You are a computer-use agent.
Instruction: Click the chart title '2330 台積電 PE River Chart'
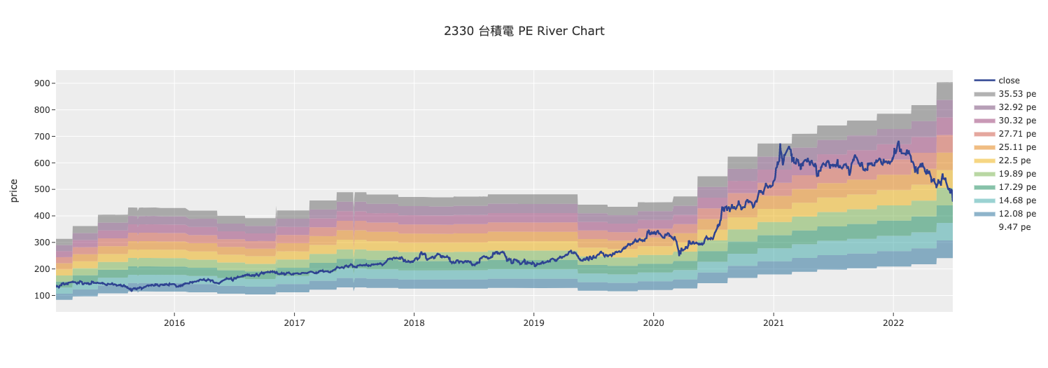pyautogui.click(x=524, y=31)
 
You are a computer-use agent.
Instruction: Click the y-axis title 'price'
pyautogui.click(x=14, y=191)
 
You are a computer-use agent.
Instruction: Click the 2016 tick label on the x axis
pyautogui.click(x=174, y=323)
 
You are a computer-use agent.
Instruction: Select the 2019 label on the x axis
pyautogui.click(x=533, y=323)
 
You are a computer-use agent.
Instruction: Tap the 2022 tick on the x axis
pyautogui.click(x=893, y=323)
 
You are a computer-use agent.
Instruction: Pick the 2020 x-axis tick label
pyautogui.click(x=653, y=323)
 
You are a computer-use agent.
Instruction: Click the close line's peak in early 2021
pyautogui.click(x=780, y=144)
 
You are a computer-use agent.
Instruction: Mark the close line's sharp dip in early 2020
pyautogui.click(x=679, y=255)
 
